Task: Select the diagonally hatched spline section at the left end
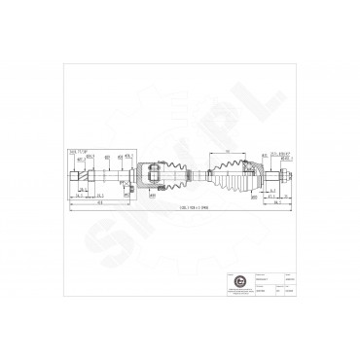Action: click(x=83, y=176)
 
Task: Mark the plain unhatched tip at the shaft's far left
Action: click(x=73, y=176)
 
